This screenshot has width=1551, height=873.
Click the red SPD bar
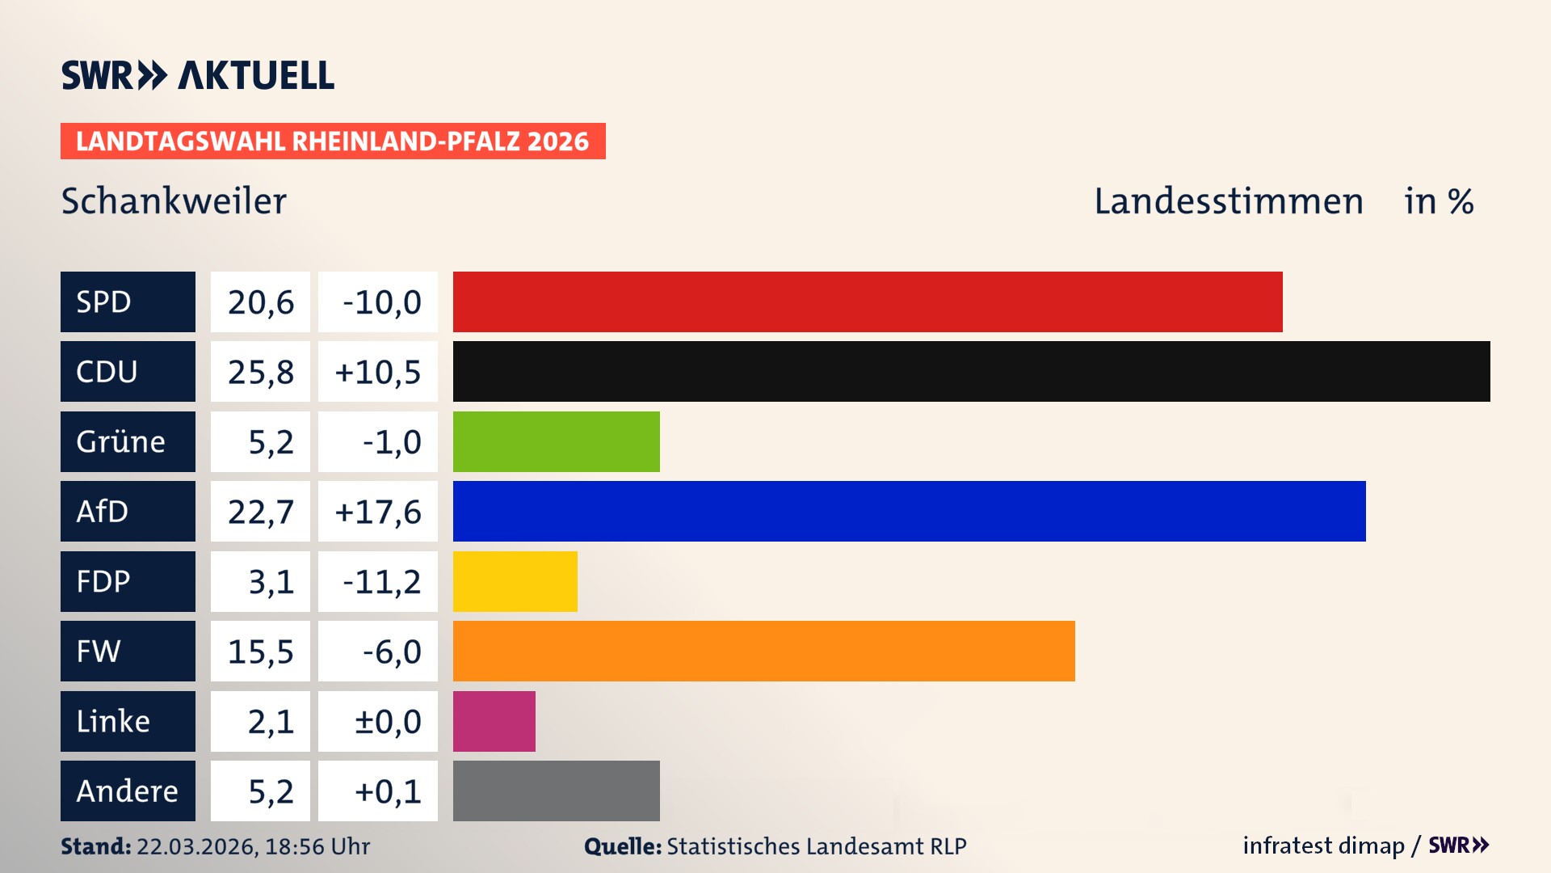(x=868, y=302)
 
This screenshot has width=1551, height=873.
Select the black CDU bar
(x=971, y=371)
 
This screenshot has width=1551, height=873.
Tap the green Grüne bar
(x=556, y=441)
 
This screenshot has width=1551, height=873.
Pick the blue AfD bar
(x=909, y=511)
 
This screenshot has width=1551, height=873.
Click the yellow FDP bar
(x=515, y=581)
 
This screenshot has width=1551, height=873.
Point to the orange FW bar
(x=763, y=651)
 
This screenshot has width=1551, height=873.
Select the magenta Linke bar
(x=494, y=721)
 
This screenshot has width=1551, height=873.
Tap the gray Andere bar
(x=556, y=791)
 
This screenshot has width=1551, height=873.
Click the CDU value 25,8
(x=260, y=372)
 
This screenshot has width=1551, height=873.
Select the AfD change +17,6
(x=377, y=512)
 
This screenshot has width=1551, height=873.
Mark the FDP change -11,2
(x=381, y=582)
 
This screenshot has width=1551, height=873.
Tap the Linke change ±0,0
(x=387, y=722)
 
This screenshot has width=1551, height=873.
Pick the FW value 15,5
(x=260, y=652)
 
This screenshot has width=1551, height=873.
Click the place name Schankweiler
(x=174, y=200)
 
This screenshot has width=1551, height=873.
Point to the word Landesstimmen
(x=1228, y=200)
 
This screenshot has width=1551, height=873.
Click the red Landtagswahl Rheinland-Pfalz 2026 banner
(x=333, y=141)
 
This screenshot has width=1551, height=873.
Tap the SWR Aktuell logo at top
(x=197, y=75)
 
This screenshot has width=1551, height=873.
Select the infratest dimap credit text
(x=1323, y=846)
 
